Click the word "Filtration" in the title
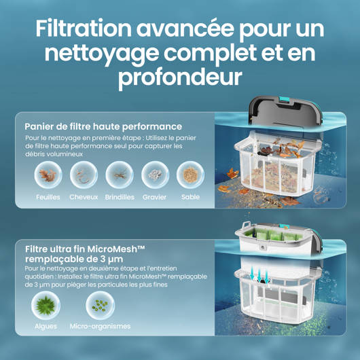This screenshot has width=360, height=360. (x=84, y=29)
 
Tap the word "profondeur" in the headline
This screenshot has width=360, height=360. (x=180, y=77)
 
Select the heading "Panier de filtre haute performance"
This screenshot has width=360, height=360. (x=103, y=126)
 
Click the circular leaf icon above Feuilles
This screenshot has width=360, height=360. (x=48, y=175)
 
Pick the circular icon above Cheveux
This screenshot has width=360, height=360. (x=84, y=175)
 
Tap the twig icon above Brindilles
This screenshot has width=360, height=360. (x=120, y=175)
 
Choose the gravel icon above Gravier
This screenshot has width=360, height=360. (x=155, y=175)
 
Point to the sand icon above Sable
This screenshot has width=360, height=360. (x=190, y=175)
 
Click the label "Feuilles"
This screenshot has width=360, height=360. (x=48, y=197)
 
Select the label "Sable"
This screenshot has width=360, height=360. (x=190, y=197)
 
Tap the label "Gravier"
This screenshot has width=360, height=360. (x=154, y=197)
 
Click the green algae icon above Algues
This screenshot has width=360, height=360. (x=46, y=306)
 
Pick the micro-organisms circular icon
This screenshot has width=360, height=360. (x=100, y=306)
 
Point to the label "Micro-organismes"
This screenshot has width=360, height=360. (x=100, y=326)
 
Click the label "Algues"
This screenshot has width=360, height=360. (x=46, y=327)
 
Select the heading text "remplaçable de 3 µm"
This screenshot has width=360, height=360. (x=74, y=259)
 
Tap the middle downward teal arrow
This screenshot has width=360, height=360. (x=259, y=276)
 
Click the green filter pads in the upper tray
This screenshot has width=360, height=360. (x=272, y=235)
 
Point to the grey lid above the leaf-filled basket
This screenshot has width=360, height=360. (x=285, y=112)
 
